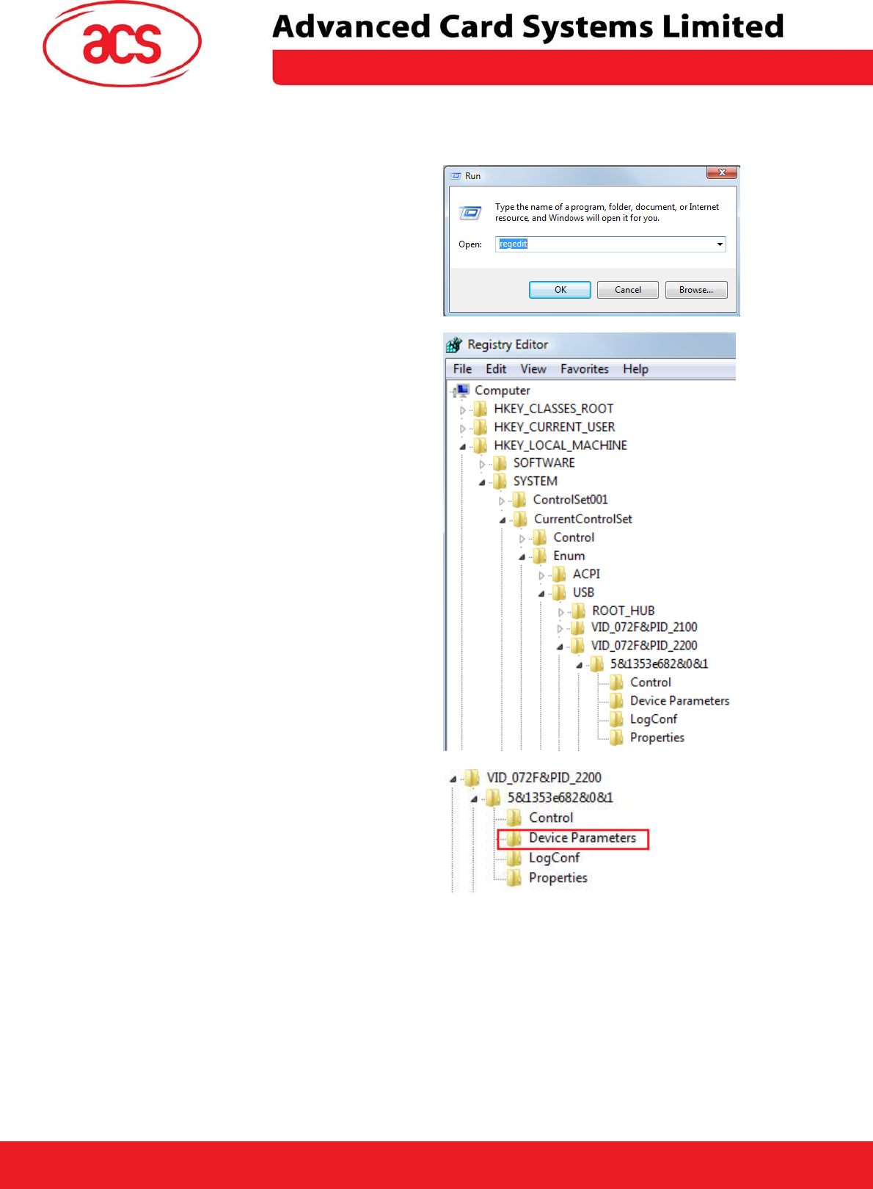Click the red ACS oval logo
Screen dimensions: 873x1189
(122, 44)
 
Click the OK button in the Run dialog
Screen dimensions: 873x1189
(560, 290)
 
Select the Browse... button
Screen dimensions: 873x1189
(695, 290)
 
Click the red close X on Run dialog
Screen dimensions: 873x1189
(722, 172)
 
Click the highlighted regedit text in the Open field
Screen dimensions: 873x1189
(514, 244)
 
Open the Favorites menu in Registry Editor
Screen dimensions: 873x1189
(584, 369)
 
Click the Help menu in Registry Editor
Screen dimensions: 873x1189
(635, 369)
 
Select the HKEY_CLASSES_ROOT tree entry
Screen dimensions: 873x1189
(553, 409)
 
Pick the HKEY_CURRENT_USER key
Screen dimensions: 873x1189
(554, 427)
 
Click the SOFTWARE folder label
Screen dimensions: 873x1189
(544, 463)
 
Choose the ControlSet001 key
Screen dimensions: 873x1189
(570, 500)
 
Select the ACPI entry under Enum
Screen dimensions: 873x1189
(586, 574)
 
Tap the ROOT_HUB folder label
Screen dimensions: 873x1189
(623, 611)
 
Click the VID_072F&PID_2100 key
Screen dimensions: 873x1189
(643, 628)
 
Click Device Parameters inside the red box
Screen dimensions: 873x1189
(582, 838)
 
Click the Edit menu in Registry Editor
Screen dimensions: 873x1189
(496, 369)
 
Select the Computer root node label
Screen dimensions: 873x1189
(502, 390)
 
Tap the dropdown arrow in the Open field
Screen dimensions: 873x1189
(720, 244)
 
